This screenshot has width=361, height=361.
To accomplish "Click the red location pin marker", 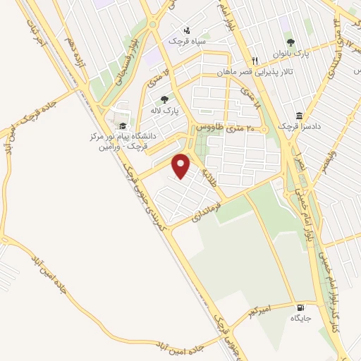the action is [182, 166].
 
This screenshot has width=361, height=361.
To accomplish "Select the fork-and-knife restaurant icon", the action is [255, 61].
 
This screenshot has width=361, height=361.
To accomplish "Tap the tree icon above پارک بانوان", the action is [290, 43].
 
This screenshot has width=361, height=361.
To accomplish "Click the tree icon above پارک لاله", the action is [165, 99].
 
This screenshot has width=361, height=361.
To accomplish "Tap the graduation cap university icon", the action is [123, 126].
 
